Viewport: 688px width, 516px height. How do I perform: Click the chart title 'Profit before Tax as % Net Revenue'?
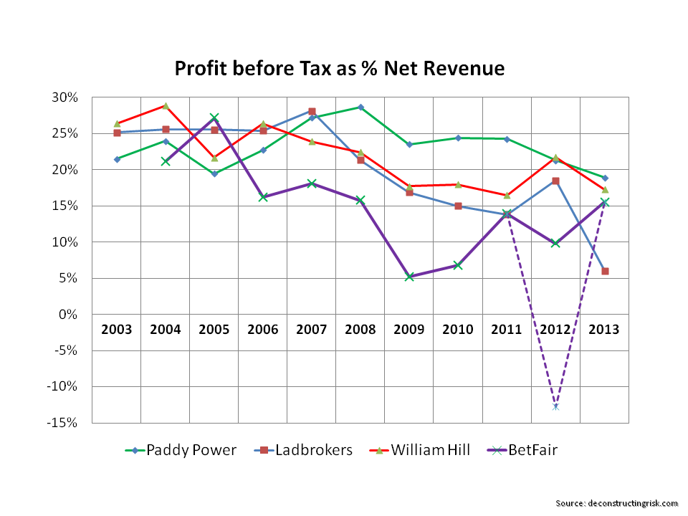[x=340, y=69]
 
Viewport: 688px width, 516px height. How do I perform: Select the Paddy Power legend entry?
[x=187, y=450]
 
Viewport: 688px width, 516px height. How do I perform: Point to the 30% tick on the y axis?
[x=75, y=97]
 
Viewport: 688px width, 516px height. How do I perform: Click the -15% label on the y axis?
[x=72, y=423]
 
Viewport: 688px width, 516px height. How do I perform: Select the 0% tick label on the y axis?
[x=77, y=315]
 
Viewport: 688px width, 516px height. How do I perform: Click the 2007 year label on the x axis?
[x=312, y=330]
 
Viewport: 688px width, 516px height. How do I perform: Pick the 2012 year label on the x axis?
[x=555, y=330]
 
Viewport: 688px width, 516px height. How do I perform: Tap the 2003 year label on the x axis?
[x=117, y=330]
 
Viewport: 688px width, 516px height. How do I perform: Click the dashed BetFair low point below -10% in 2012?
[x=555, y=406]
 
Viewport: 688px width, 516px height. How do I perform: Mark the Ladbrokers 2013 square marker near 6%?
[x=605, y=271]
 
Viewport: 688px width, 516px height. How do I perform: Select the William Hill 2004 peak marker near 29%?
[x=166, y=105]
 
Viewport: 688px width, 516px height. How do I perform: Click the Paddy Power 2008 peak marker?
[x=360, y=107]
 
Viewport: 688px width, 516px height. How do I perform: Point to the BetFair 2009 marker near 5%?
[x=409, y=277]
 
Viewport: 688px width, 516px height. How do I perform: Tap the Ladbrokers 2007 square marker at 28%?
[x=312, y=112]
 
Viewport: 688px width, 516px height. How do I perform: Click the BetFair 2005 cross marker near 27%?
[x=214, y=117]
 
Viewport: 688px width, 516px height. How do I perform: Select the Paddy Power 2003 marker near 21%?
[x=117, y=159]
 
